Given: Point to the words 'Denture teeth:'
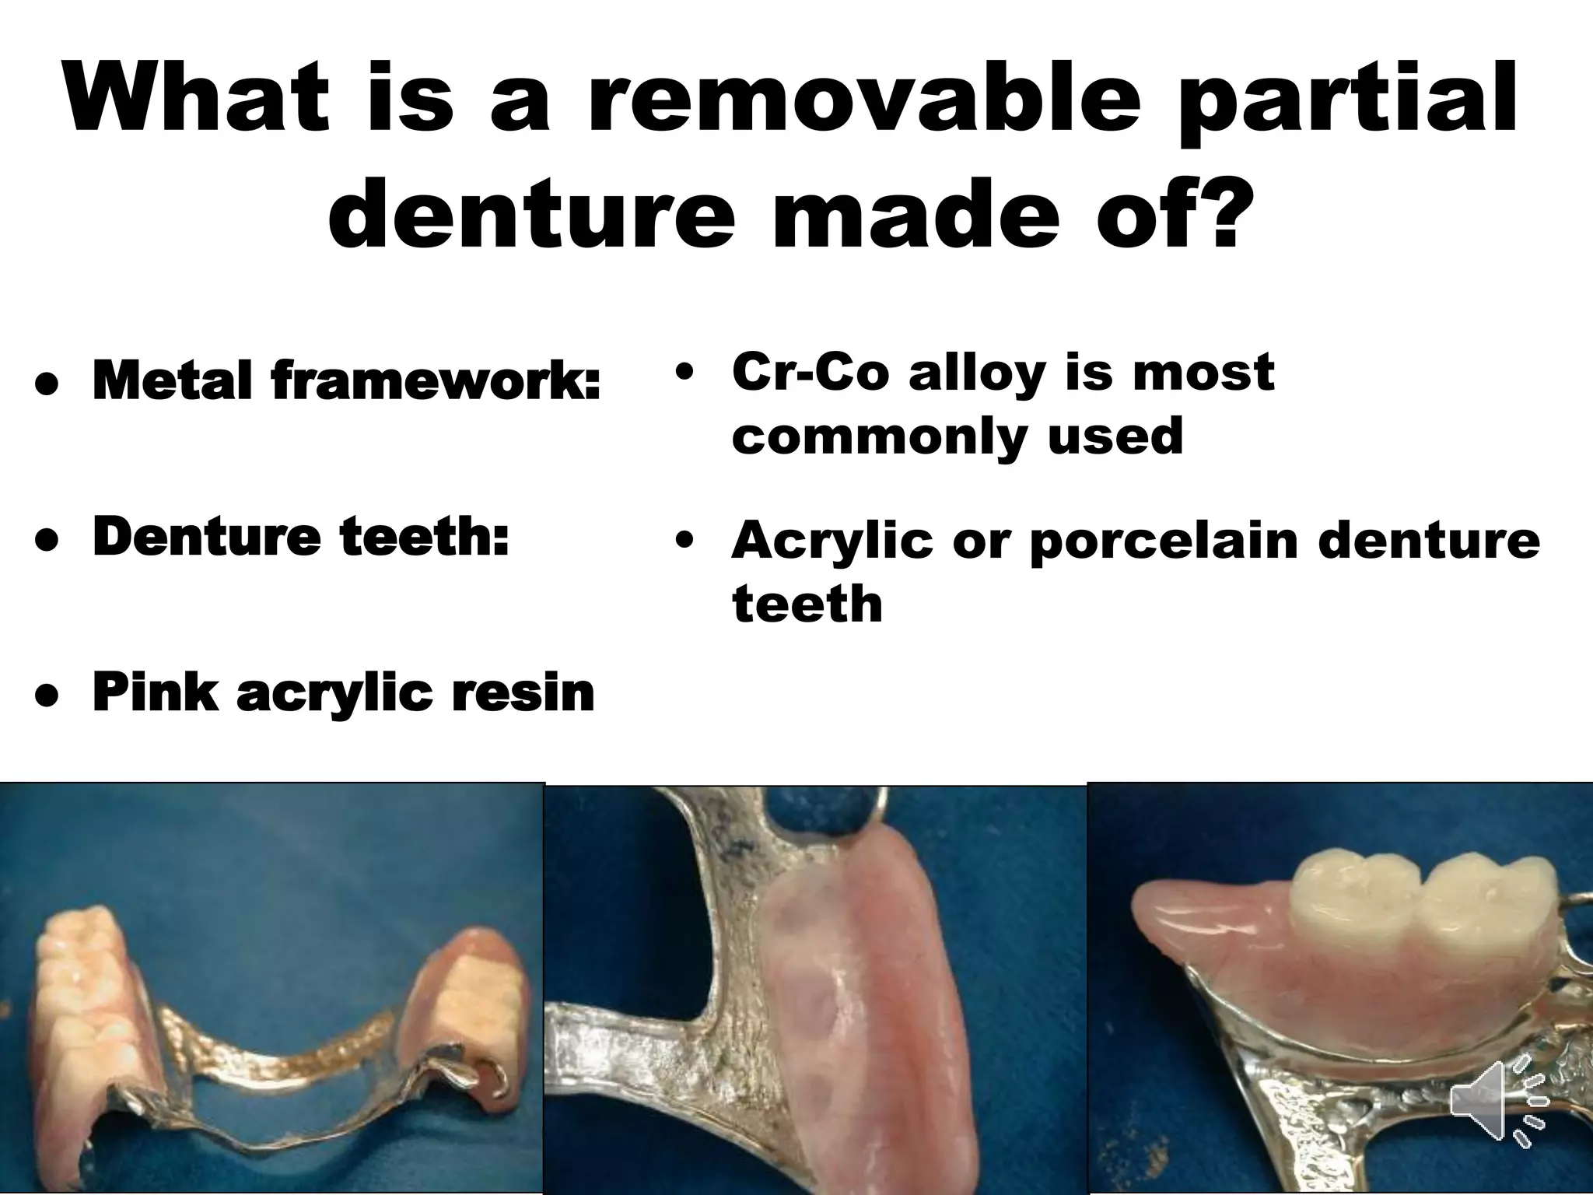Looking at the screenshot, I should [x=300, y=537].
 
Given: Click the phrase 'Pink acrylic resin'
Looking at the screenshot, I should [x=343, y=692].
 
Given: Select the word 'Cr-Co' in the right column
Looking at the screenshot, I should [x=809, y=372].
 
